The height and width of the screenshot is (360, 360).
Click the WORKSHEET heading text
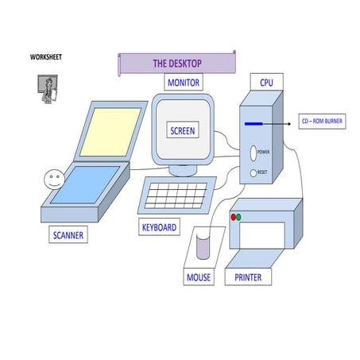tap(46, 57)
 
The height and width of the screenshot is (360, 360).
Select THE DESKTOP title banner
tap(177, 64)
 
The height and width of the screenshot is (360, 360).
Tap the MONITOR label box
tap(183, 83)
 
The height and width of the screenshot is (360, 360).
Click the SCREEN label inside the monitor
tap(183, 130)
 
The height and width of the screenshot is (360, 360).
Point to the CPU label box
tap(266, 82)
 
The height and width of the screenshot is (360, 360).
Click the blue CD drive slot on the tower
tap(254, 124)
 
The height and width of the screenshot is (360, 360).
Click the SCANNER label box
tap(68, 235)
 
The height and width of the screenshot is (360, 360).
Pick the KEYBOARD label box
tap(159, 227)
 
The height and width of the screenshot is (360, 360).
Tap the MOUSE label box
tap(199, 277)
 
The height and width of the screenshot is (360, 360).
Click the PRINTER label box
tap(248, 277)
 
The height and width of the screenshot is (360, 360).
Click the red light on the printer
tap(234, 216)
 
